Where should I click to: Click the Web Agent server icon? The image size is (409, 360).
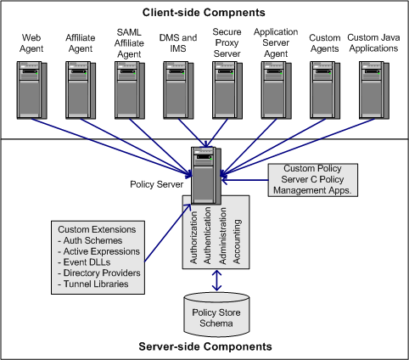[x=31, y=89]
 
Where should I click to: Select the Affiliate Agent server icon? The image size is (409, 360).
[x=81, y=89]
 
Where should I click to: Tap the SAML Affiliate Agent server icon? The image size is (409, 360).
[x=130, y=89]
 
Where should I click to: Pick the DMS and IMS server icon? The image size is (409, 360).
[x=178, y=89]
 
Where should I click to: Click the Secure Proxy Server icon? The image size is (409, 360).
[x=227, y=89]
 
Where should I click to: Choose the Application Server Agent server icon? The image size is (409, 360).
[x=276, y=89]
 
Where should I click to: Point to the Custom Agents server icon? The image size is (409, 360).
[x=324, y=89]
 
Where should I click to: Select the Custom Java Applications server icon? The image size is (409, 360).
[x=373, y=89]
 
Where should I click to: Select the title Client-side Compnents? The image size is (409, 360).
[x=204, y=12]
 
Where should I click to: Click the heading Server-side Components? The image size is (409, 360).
[x=204, y=347]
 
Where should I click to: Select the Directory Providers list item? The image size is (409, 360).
[x=99, y=273]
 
